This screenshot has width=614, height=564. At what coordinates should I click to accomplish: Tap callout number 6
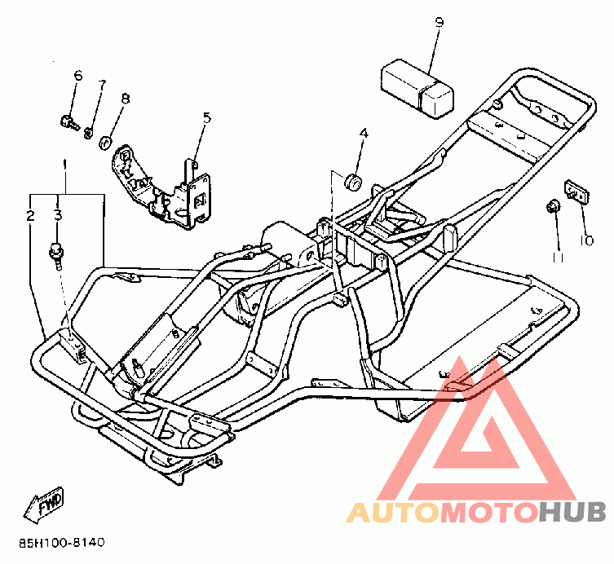(x=78, y=76)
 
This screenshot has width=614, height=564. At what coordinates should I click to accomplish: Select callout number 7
(x=102, y=85)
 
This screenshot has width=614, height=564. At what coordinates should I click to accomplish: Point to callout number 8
(x=125, y=99)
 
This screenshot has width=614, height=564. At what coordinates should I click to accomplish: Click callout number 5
(x=206, y=117)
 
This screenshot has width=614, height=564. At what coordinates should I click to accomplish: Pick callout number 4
(x=364, y=133)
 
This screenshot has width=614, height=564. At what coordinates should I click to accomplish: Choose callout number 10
(x=586, y=240)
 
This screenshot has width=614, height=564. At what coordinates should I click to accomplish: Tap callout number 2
(x=30, y=216)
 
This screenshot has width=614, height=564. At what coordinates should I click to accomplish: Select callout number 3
(x=57, y=215)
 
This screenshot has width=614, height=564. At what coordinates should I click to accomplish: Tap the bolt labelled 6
(x=68, y=123)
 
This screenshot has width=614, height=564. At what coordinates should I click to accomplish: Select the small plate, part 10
(x=576, y=192)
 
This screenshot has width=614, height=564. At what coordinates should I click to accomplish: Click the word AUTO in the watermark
(x=394, y=512)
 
